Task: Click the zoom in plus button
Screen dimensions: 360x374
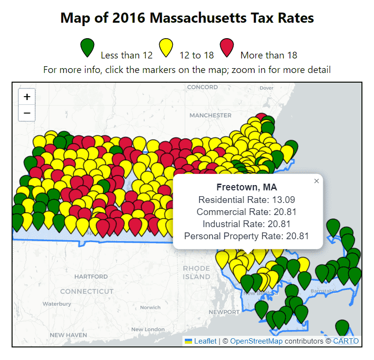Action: [27, 97]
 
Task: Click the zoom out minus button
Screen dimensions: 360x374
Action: [27, 113]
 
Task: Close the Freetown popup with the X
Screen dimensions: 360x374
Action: [317, 181]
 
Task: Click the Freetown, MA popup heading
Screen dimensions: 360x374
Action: [247, 187]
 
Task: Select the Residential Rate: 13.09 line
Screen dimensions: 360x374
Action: [247, 200]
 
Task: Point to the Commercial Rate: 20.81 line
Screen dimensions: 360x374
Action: [247, 212]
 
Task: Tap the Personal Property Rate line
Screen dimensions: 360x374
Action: [247, 236]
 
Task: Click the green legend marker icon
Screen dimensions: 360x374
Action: [87, 47]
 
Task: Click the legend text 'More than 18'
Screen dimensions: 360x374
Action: [269, 56]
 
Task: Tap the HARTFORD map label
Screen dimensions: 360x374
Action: [91, 276]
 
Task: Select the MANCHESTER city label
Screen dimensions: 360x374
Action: [210, 115]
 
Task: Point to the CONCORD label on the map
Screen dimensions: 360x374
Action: [202, 87]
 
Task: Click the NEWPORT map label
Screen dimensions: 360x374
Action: [224, 312]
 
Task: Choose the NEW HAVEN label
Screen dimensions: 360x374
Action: [69, 335]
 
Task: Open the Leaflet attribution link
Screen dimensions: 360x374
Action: [205, 341]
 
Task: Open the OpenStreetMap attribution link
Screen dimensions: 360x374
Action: [256, 341]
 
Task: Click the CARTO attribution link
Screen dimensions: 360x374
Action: [346, 341]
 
